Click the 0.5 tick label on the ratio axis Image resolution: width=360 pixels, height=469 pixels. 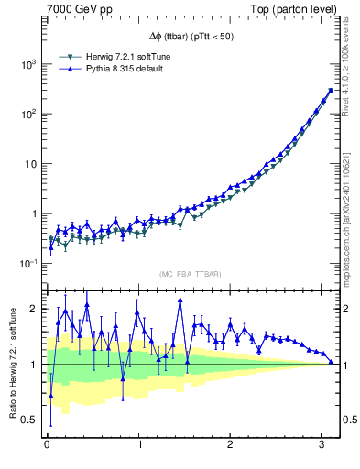29,420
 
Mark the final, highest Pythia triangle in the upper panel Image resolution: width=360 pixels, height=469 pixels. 330,90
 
